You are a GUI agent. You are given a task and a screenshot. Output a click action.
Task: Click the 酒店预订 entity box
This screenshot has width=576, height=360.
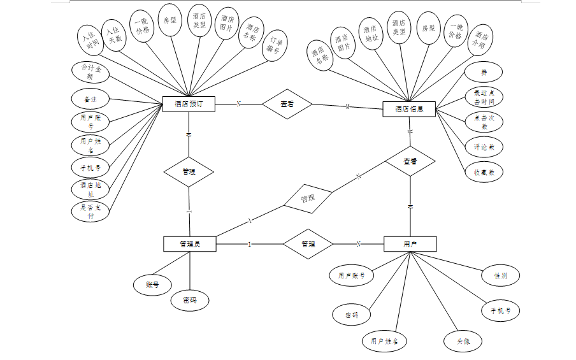tap(189, 104)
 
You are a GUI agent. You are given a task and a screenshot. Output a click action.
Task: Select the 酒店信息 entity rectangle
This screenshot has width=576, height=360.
tap(409, 109)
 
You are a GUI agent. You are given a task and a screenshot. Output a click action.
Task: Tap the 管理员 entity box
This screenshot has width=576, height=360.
tap(189, 243)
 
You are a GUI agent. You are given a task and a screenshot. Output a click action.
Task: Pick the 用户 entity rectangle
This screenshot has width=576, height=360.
tap(410, 244)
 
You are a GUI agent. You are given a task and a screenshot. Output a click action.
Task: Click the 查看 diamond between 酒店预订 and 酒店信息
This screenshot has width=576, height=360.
tap(287, 104)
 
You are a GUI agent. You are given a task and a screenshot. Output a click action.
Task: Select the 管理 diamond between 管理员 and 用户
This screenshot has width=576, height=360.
tap(308, 244)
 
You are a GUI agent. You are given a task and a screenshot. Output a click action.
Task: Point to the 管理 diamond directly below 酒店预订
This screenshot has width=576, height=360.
tap(189, 172)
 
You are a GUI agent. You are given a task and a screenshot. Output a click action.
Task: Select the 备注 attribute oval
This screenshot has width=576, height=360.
tap(90, 99)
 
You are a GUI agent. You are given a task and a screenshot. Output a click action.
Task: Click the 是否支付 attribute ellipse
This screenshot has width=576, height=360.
tap(90, 212)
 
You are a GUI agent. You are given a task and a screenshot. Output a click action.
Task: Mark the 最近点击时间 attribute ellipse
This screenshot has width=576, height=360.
tap(484, 97)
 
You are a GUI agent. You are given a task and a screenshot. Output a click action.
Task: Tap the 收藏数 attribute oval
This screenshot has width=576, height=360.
tap(484, 172)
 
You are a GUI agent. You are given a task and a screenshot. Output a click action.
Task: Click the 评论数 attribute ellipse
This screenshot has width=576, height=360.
tap(484, 147)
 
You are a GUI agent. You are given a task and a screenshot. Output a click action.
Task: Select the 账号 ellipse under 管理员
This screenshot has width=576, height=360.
tap(152, 285)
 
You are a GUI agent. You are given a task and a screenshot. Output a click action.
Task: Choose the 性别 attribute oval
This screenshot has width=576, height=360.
tap(500, 276)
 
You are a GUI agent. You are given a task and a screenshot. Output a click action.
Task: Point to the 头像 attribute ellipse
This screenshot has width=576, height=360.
tap(463, 341)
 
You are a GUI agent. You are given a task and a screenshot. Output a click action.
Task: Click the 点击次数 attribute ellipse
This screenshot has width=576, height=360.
tap(484, 122)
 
